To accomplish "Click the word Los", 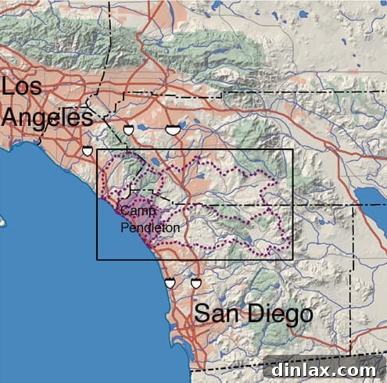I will point(21,87).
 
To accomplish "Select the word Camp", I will point(138,212).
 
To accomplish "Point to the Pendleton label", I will point(151,227).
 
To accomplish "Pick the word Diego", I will point(280,315).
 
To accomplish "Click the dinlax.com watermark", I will point(324,368).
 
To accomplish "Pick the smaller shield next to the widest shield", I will point(128,130).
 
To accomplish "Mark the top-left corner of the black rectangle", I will point(97,149).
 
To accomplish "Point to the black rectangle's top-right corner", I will point(292,149).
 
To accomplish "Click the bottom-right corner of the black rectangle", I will point(292,260).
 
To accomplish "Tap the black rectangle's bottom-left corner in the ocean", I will point(97,260).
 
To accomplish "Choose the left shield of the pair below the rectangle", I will point(170,282).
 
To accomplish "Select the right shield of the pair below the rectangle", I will point(195,282).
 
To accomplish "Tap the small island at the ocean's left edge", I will point(2,222).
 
